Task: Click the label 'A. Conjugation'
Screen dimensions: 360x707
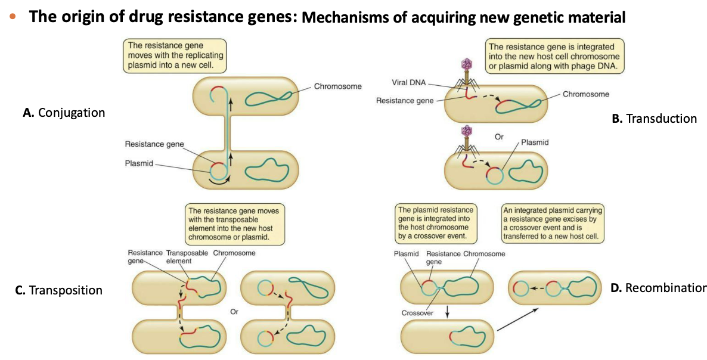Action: tap(64, 113)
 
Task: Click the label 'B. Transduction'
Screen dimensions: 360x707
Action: tap(654, 119)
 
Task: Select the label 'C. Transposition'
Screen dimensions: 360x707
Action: tap(59, 290)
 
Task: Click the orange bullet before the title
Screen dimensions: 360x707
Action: tap(13, 17)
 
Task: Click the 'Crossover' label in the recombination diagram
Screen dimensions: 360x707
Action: tap(418, 312)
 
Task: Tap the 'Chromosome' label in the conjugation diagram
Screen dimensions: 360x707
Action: tap(337, 86)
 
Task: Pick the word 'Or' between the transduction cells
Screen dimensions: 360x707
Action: tap(499, 136)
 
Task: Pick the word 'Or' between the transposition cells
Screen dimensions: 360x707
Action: tap(234, 311)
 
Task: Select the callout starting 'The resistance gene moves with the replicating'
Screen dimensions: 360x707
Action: tap(173, 55)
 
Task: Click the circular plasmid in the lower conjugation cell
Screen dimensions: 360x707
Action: tap(218, 170)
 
